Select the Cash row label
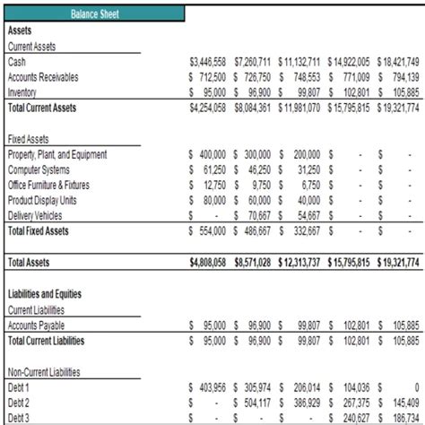17,62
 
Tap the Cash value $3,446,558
208,62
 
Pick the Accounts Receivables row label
42,77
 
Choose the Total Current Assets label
42,108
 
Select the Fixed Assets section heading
28,140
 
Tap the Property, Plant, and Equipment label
56,155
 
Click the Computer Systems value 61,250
212,170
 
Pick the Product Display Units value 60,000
258,200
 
